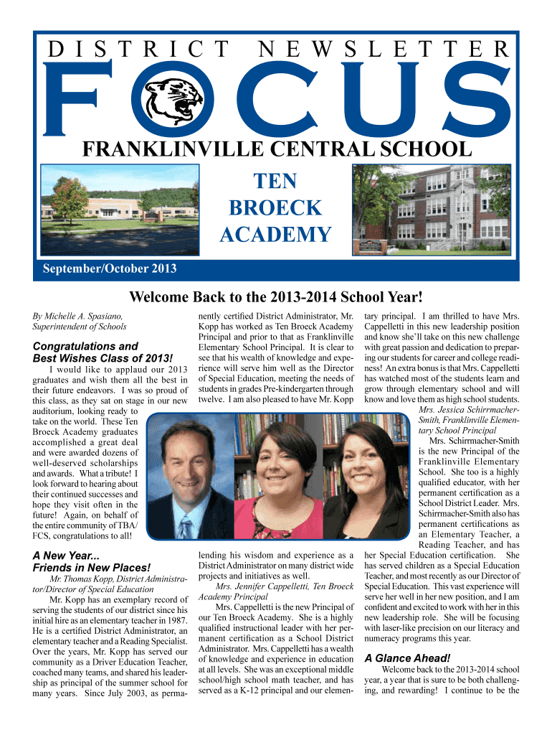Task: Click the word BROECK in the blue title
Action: (275, 207)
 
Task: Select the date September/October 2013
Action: (105, 270)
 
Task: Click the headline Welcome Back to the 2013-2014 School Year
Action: (275, 297)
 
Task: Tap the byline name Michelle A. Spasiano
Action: (78, 316)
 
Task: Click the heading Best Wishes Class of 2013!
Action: (103, 358)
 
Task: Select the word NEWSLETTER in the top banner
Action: (382, 49)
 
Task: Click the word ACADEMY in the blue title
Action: (275, 235)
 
